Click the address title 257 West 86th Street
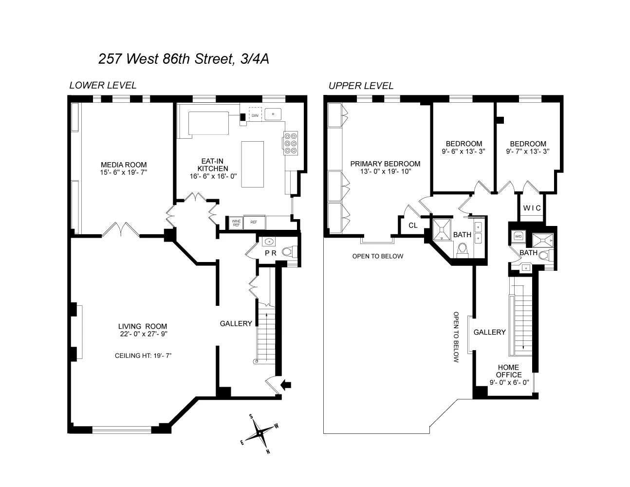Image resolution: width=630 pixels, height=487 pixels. pos(184,59)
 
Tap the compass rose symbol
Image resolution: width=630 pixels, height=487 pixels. pos(260,433)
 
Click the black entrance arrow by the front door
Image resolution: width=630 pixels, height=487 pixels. pos(286,385)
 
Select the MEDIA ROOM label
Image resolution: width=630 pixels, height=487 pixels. pos(123,165)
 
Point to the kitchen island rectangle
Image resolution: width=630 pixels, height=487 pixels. pos(253,165)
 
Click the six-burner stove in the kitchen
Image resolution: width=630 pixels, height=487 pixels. pos(291,144)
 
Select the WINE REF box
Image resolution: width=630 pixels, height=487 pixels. pos(236,223)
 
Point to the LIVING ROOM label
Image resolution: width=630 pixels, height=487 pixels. pos(143,326)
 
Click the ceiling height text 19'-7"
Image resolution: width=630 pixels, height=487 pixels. pos(143,356)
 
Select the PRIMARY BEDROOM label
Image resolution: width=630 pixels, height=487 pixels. pos(385,164)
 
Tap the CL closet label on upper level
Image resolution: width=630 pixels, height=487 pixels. pos(413,225)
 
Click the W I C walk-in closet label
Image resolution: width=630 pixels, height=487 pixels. pos(532,208)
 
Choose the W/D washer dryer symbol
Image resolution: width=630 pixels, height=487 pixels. pos(517,237)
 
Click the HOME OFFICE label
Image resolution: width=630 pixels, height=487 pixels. pos(509,371)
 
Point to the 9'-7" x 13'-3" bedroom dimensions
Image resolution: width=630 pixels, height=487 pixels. pos(528,151)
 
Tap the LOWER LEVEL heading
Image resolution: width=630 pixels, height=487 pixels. pos(103,85)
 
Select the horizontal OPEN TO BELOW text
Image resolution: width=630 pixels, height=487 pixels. pos(377,256)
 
